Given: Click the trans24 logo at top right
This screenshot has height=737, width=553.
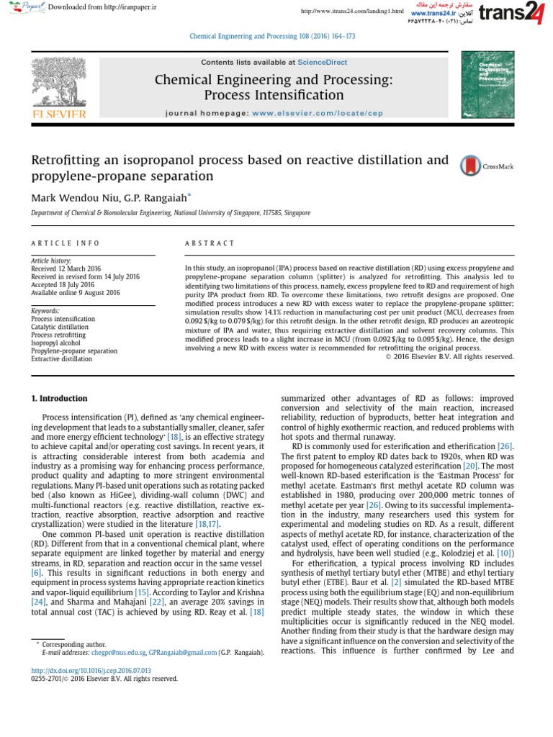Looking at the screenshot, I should pyautogui.click(x=518, y=14).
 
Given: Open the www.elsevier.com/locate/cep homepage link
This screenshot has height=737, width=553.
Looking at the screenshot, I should pyautogui.click(x=313, y=113).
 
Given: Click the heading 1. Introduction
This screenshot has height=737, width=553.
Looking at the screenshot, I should pyautogui.click(x=58, y=398).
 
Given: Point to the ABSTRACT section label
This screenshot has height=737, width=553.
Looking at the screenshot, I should pyautogui.click(x=210, y=244).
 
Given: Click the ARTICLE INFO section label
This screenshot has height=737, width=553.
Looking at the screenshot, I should pyautogui.click(x=66, y=244).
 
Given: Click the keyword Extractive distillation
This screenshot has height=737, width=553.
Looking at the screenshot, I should pyautogui.click(x=61, y=358).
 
